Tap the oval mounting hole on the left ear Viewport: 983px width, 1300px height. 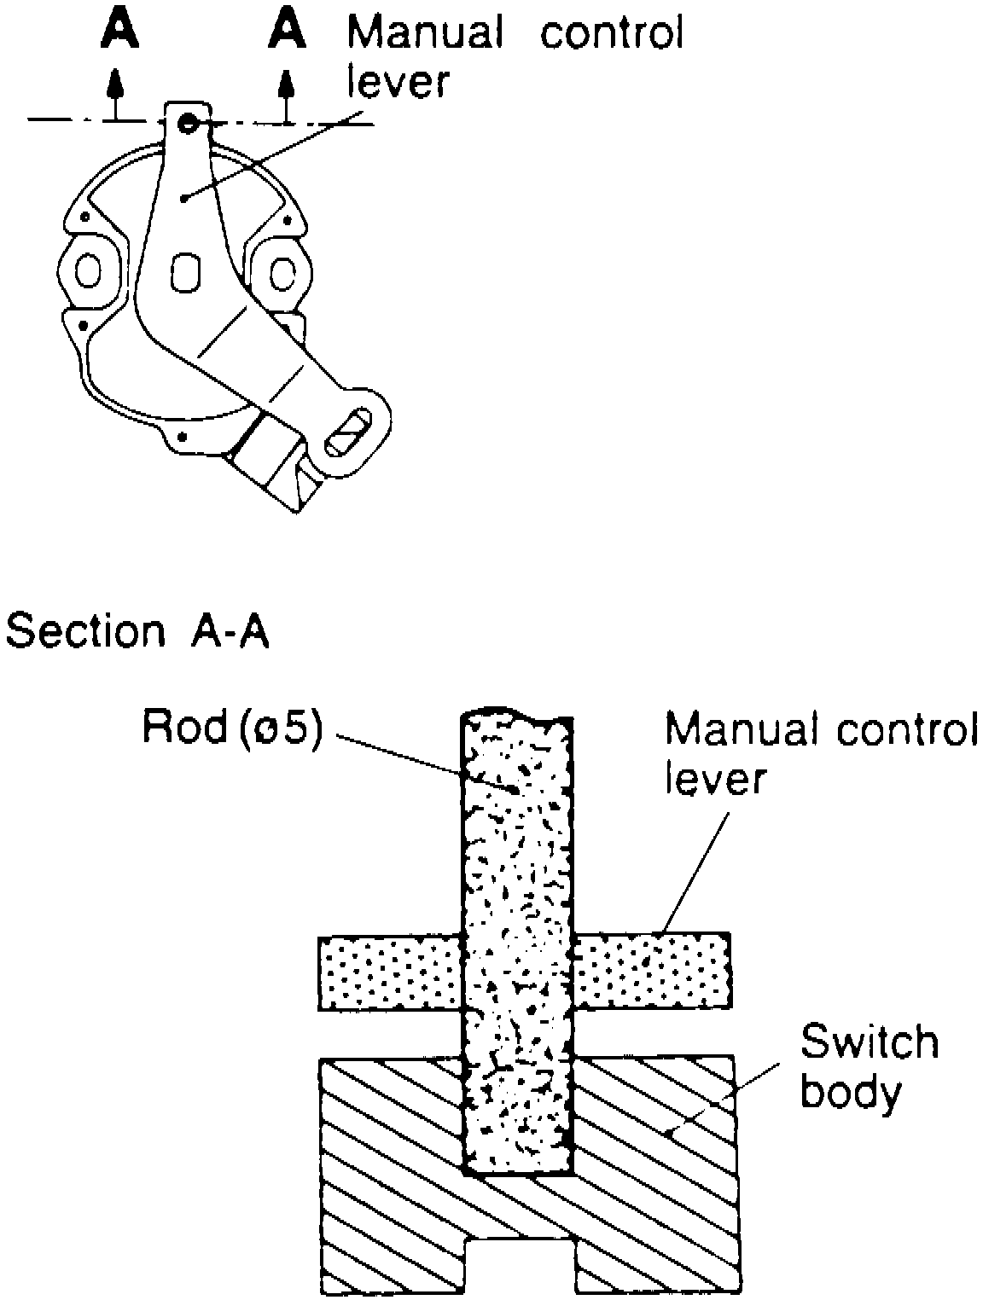[88, 272]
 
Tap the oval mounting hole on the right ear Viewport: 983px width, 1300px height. [282, 272]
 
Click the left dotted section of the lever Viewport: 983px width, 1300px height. [390, 972]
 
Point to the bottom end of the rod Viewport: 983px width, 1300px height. [517, 1169]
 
